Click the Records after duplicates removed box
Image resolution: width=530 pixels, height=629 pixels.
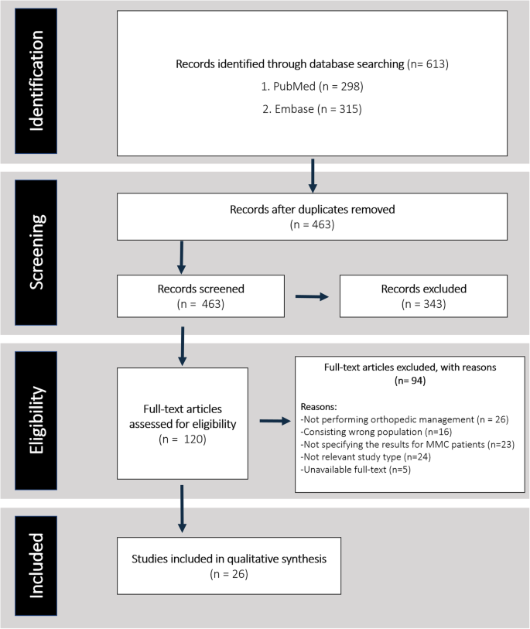(x=311, y=217)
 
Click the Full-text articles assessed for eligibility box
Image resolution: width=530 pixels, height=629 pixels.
(x=183, y=423)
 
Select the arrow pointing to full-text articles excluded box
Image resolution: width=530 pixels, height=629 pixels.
(x=272, y=422)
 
